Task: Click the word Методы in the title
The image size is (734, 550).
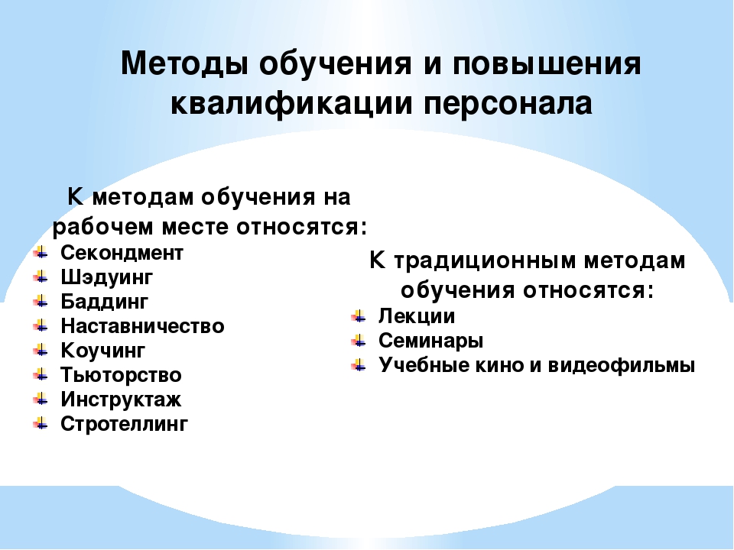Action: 184,63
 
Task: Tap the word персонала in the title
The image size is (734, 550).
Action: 508,103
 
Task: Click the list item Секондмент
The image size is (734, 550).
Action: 122,253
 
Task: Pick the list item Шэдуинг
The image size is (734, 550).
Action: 107,278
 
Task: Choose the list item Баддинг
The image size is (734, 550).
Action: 105,302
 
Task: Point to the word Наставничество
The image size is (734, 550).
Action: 142,326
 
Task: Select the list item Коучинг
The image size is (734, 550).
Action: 103,351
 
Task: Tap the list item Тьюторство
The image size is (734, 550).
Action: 121,375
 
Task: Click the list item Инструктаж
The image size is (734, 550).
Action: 121,400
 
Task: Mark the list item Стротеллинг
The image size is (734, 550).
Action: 124,424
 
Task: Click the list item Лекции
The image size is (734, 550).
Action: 417,316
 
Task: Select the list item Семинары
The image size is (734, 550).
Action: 430,341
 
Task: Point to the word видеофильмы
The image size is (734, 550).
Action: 621,365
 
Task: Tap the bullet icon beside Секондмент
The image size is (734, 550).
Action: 41,253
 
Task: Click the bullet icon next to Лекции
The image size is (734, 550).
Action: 359,316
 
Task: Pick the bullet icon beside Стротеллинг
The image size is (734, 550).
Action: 41,424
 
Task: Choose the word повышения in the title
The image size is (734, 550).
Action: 547,63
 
